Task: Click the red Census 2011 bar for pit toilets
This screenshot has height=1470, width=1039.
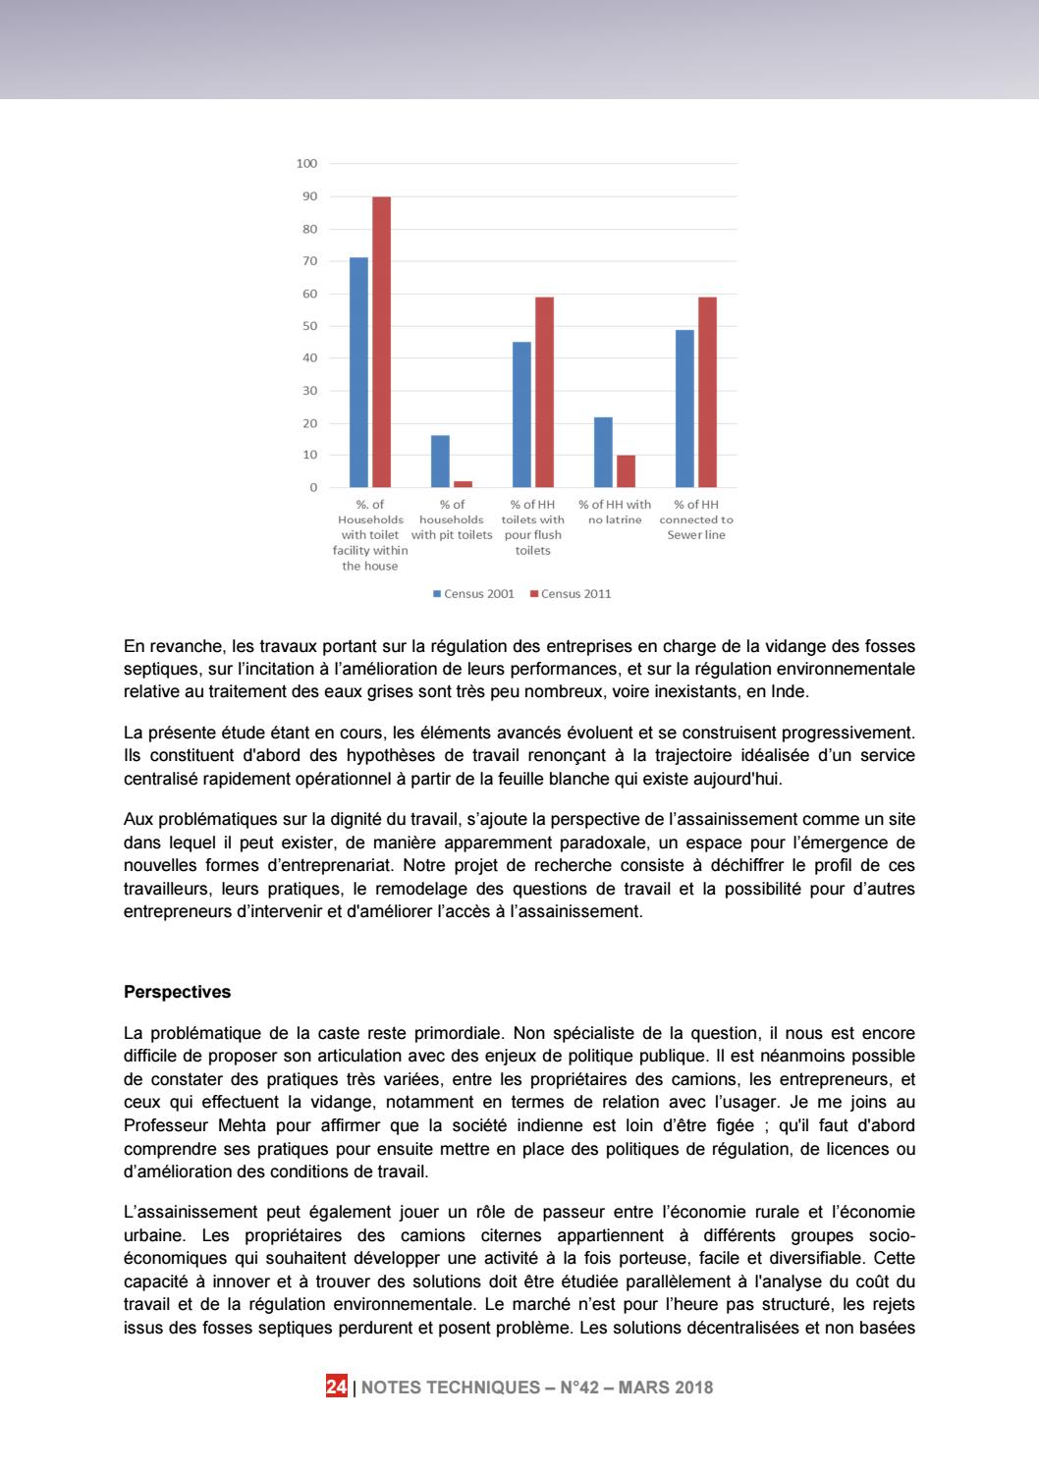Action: click(463, 484)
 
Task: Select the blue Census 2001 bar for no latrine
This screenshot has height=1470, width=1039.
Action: click(603, 453)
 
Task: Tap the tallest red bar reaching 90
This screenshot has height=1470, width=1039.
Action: click(381, 342)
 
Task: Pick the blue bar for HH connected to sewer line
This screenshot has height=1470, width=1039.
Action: click(684, 408)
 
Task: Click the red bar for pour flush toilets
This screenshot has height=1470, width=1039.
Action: click(544, 392)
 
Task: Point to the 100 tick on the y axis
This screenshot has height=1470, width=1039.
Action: click(306, 164)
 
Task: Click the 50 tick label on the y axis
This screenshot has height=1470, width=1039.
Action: click(309, 326)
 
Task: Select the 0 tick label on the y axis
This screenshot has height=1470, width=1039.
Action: click(313, 488)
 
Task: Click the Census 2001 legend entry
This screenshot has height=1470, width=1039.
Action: click(474, 594)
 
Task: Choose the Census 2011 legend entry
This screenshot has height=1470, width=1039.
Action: click(571, 594)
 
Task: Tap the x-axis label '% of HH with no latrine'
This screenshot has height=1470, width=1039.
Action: click(615, 513)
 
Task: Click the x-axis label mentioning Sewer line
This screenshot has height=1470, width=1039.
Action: click(696, 519)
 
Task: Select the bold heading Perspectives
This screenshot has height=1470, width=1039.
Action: click(178, 992)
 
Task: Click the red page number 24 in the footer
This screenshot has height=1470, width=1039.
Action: click(336, 1388)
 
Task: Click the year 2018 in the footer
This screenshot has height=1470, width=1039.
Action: click(693, 1388)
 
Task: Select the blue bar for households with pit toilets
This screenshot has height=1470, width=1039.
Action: click(440, 462)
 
